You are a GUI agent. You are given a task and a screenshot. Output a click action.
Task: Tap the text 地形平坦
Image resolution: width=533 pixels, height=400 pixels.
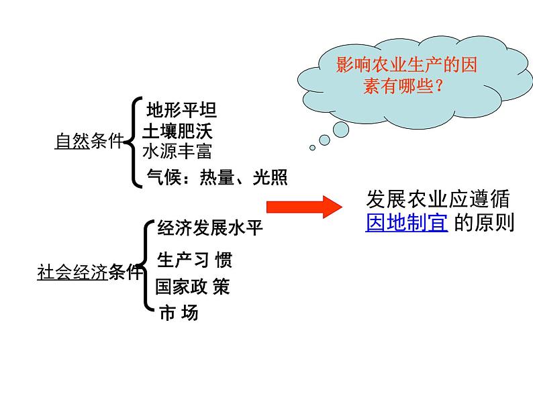point(181,109)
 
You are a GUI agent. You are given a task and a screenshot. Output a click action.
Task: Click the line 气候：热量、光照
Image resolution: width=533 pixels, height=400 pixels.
point(217,177)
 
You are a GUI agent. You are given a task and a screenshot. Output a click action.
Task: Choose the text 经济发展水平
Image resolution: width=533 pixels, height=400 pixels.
point(210,228)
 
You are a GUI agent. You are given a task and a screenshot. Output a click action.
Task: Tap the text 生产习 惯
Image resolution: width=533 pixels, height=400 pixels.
point(195,260)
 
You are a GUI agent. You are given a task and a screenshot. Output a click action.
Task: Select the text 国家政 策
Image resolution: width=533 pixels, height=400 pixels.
point(193,287)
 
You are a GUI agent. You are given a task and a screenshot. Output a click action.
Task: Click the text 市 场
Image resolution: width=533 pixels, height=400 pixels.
point(179,313)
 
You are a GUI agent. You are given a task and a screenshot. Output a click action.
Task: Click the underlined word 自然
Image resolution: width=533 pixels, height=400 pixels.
point(72,142)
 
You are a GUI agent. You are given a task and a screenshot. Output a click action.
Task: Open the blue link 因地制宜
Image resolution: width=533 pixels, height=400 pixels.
point(407,222)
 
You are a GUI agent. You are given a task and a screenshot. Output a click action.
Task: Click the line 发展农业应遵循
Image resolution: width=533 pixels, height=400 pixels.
point(438,199)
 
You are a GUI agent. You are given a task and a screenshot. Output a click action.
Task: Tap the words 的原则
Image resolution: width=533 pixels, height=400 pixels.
point(484,222)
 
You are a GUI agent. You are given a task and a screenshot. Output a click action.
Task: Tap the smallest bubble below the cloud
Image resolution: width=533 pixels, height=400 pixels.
point(312,148)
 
